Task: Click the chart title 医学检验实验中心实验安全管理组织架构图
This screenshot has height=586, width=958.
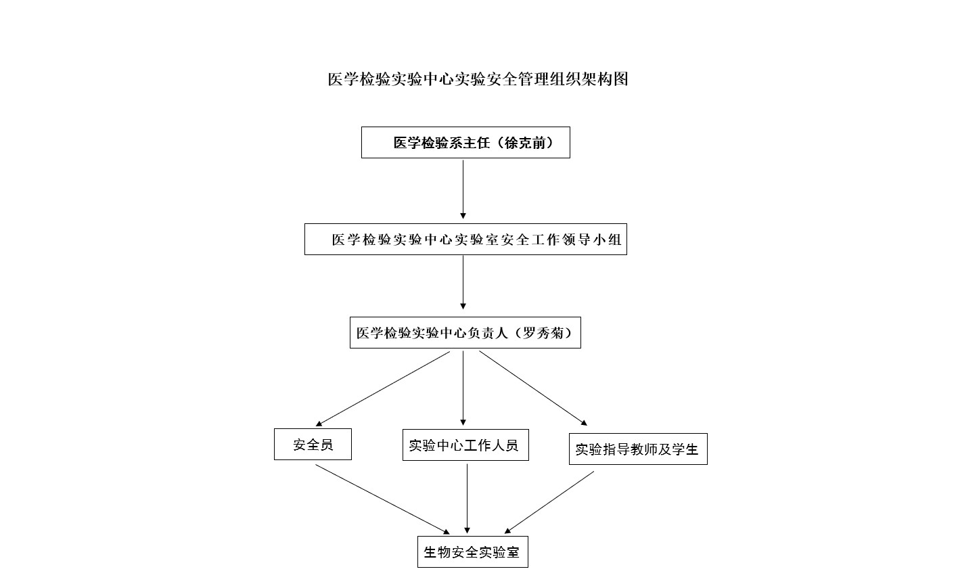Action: pyautogui.click(x=478, y=79)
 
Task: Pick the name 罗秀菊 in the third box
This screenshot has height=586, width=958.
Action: pyautogui.click(x=543, y=333)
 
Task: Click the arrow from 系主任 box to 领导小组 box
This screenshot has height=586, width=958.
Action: pyautogui.click(x=463, y=189)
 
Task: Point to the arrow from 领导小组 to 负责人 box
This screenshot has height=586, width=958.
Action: pyautogui.click(x=463, y=282)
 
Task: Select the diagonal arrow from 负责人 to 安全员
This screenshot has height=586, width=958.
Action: pyautogui.click(x=383, y=389)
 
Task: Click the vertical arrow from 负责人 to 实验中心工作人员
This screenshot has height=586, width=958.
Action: pyautogui.click(x=463, y=388)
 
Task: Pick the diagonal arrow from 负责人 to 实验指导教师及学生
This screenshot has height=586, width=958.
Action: pyautogui.click(x=533, y=388)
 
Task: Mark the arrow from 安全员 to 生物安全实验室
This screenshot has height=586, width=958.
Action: pyautogui.click(x=383, y=499)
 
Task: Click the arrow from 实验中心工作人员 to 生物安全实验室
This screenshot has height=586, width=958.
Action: pyautogui.click(x=467, y=499)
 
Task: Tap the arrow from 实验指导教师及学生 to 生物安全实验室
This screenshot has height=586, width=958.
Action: pyautogui.click(x=549, y=503)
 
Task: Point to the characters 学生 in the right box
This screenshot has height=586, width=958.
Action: pyautogui.click(x=685, y=449)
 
